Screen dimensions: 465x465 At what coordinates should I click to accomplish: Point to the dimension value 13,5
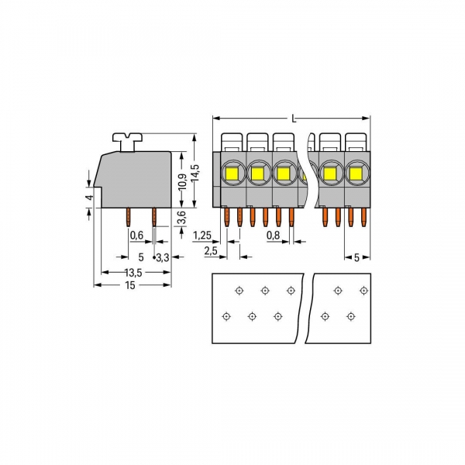point(133,272)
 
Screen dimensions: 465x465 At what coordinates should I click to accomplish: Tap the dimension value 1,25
point(203,234)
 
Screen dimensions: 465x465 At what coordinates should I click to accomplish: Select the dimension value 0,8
point(273,234)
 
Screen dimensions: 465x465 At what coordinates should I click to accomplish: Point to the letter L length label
point(293,119)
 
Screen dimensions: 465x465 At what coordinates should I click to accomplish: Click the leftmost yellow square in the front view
point(232,172)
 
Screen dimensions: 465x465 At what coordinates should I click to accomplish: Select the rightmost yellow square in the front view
point(357,172)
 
